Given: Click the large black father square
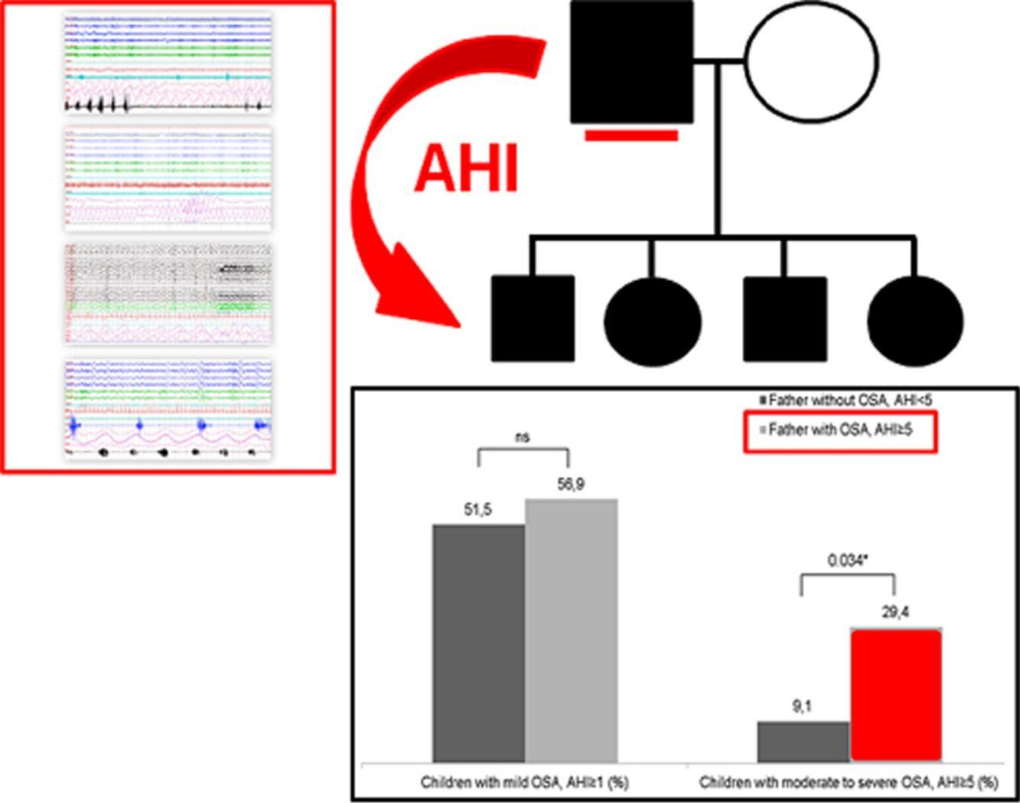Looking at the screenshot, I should click(631, 62).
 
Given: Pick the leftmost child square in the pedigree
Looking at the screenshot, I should click(533, 318).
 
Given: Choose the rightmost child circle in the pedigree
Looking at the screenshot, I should click(915, 318).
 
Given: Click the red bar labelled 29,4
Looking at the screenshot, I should click(895, 695).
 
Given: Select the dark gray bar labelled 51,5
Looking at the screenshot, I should click(478, 643).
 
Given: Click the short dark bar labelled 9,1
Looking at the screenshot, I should click(803, 741).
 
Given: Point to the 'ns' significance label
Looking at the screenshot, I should click(523, 437).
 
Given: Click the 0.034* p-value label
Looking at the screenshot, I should click(847, 560).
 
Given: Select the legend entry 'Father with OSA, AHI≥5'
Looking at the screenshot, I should click(840, 430).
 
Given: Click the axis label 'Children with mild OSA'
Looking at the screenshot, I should click(524, 783).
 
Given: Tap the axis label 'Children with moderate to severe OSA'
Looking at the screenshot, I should click(849, 783).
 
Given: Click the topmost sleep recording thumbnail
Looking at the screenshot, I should click(168, 61).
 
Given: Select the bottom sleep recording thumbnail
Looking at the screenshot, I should click(168, 408).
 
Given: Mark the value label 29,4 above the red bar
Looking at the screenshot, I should click(895, 612).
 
